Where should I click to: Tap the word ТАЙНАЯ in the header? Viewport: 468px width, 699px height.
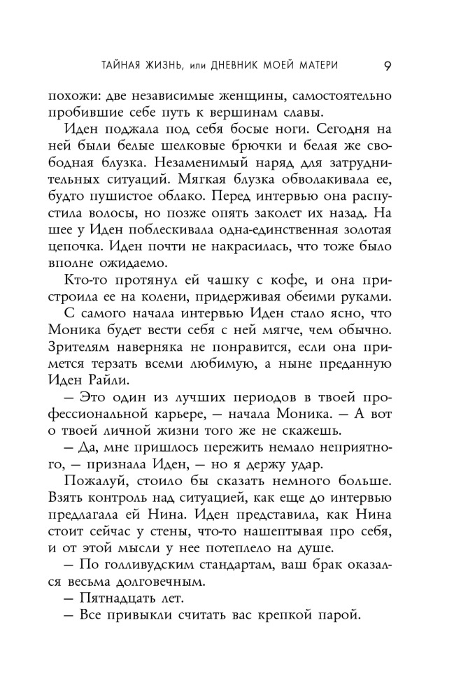tap(115, 66)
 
